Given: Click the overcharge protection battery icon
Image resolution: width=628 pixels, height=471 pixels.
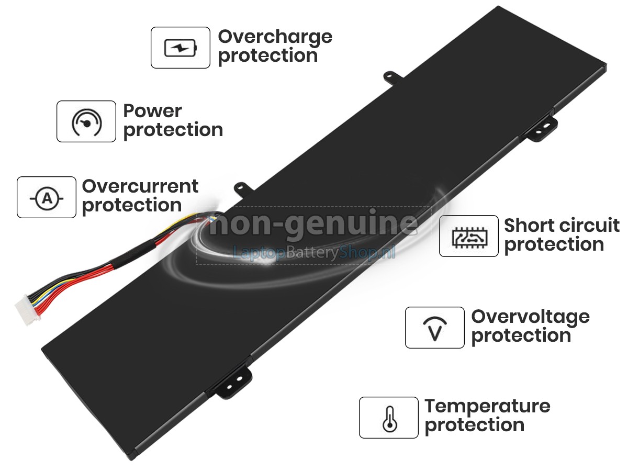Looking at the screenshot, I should pyautogui.click(x=181, y=48).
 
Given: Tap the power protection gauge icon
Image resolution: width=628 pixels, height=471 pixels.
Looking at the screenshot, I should pyautogui.click(x=86, y=121).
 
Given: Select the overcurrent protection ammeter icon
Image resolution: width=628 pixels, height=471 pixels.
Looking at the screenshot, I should pyautogui.click(x=47, y=197).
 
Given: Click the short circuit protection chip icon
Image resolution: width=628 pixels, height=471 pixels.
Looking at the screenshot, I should pyautogui.click(x=468, y=236).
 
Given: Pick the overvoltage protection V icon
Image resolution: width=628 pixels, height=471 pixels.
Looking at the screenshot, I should pyautogui.click(x=434, y=328).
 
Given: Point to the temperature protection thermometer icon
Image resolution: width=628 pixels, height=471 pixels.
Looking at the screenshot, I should pyautogui.click(x=388, y=418).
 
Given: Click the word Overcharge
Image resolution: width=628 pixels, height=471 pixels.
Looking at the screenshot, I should pyautogui.click(x=275, y=37).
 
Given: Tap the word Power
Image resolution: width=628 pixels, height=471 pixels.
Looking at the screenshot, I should pyautogui.click(x=152, y=111).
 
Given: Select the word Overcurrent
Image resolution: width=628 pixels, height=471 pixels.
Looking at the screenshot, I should pyautogui.click(x=140, y=186).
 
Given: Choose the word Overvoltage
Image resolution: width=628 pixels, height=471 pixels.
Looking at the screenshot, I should pyautogui.click(x=530, y=317).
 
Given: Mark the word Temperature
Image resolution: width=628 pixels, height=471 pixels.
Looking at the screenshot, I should pyautogui.click(x=487, y=407).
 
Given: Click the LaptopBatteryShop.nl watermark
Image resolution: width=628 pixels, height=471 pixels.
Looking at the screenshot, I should pyautogui.click(x=313, y=253).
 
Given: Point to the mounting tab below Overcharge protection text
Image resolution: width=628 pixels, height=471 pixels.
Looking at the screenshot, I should pyautogui.click(x=391, y=77).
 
